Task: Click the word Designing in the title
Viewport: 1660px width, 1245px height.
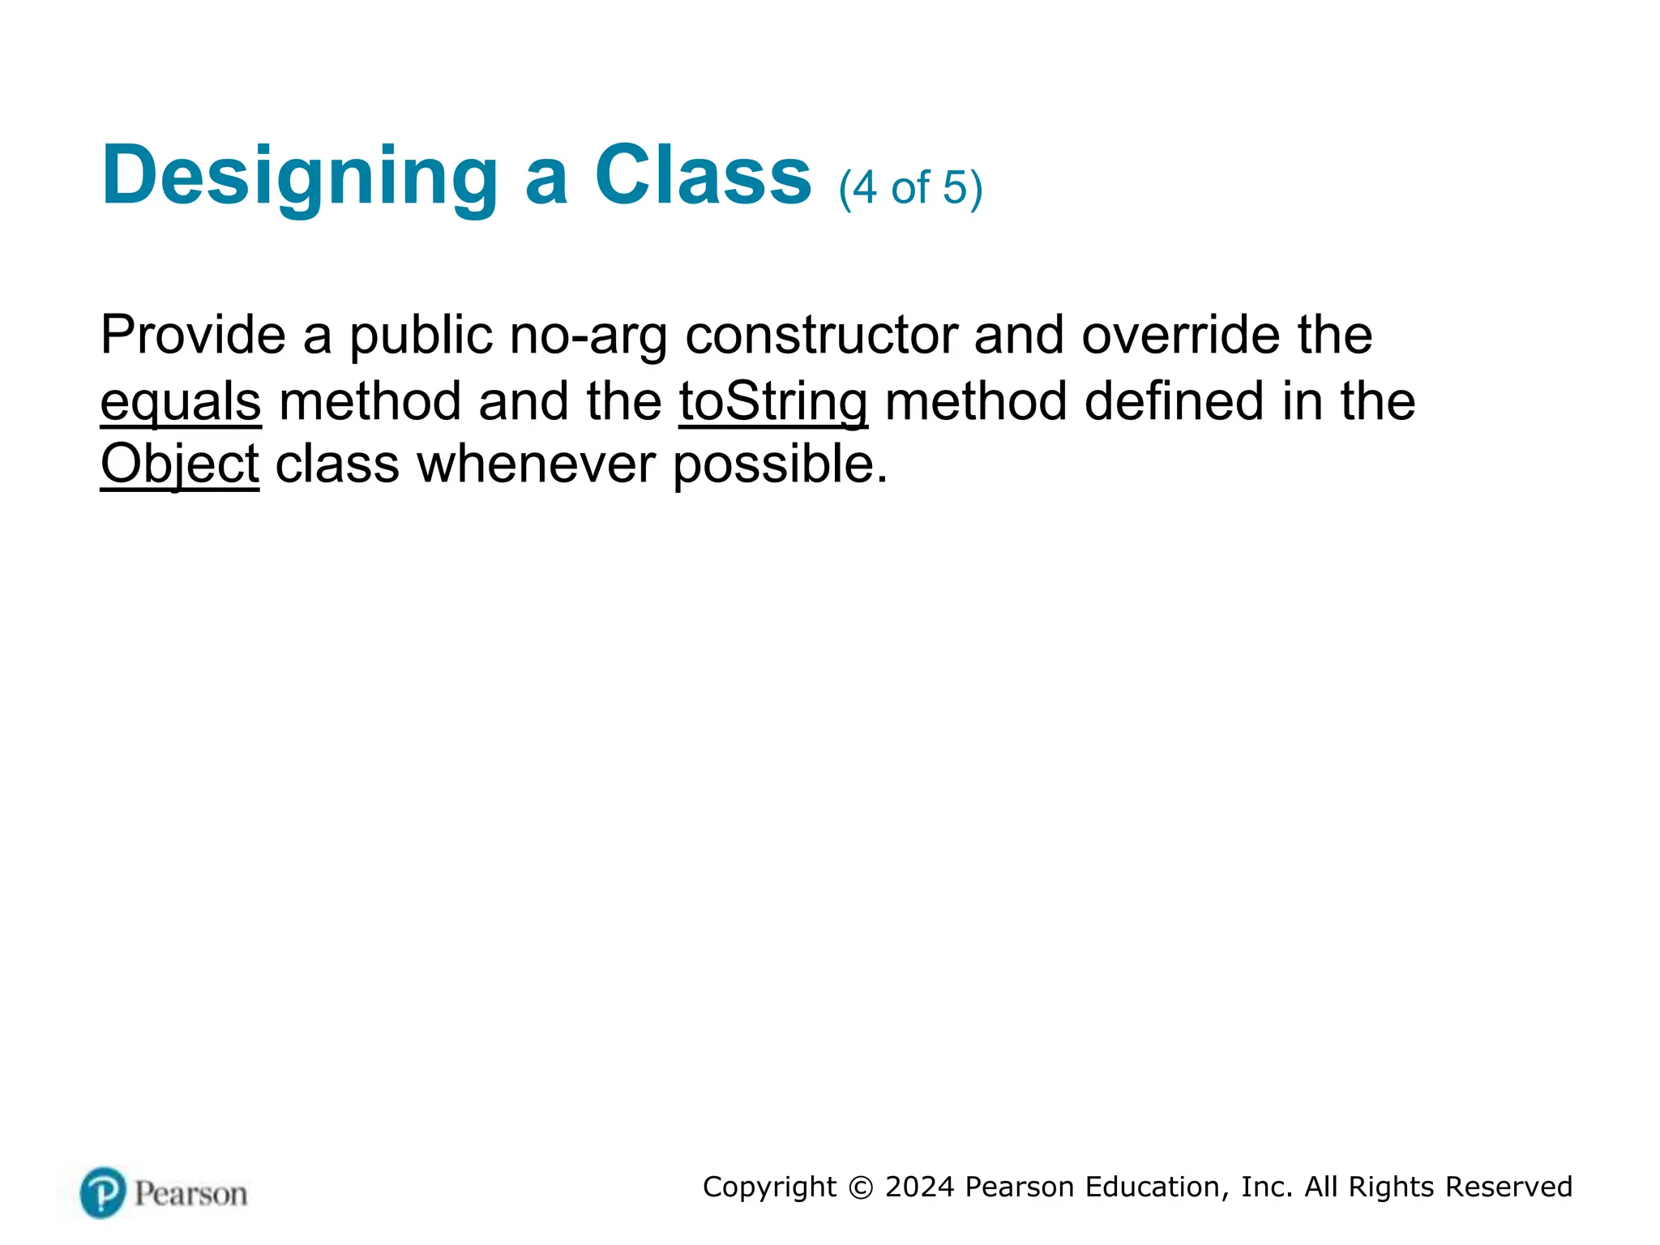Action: pyautogui.click(x=299, y=177)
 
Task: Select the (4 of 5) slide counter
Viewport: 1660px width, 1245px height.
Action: pyautogui.click(x=910, y=188)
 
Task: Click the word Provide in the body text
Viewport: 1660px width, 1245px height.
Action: pyautogui.click(x=193, y=334)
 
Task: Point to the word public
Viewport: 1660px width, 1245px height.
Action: pyautogui.click(x=421, y=336)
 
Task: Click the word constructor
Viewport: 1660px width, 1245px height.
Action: pyautogui.click(x=821, y=334)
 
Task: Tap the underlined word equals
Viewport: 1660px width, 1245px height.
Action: pyautogui.click(x=181, y=403)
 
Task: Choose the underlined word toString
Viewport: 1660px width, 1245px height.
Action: pyautogui.click(x=773, y=403)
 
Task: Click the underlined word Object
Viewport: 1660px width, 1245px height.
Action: pyautogui.click(x=179, y=465)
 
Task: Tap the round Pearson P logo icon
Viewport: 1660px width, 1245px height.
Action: pyautogui.click(x=103, y=1192)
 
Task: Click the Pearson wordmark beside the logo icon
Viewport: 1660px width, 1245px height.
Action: pyautogui.click(x=190, y=1194)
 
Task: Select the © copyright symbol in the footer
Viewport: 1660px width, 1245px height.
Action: pyautogui.click(x=861, y=1187)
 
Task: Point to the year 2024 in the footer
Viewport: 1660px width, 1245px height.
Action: pyautogui.click(x=919, y=1187)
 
